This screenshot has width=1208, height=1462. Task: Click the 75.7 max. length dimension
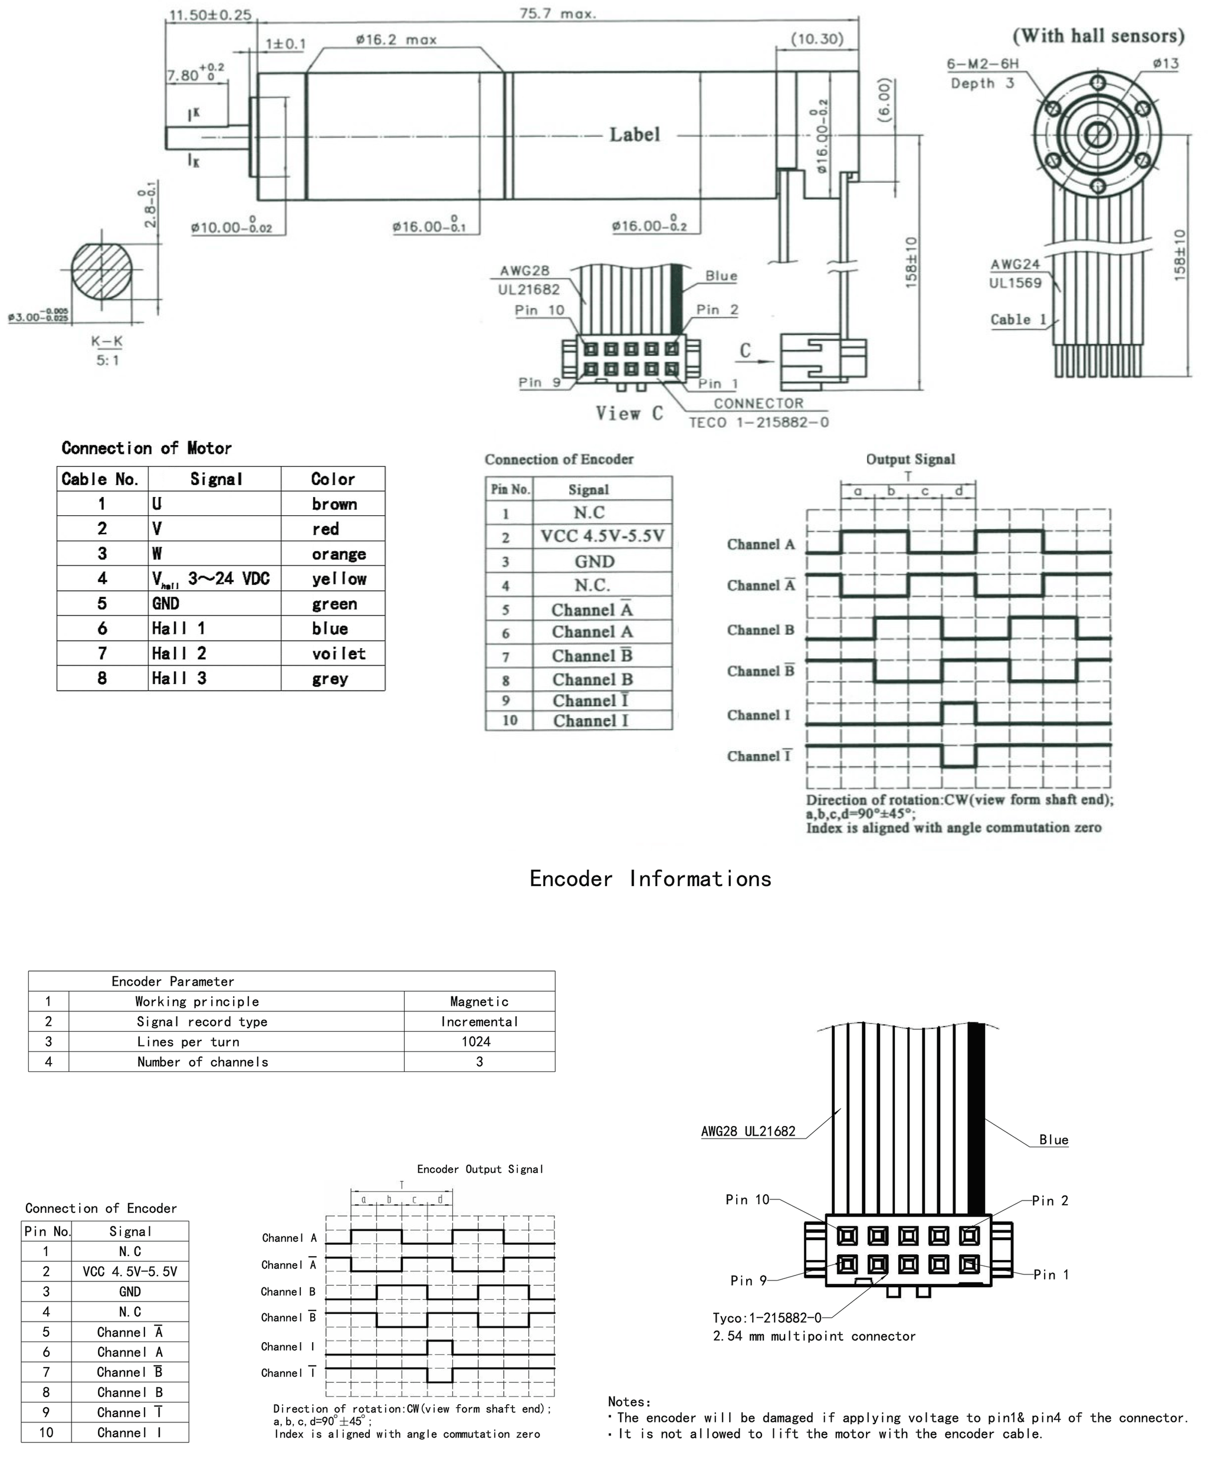tap(557, 13)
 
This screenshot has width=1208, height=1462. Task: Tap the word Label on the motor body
tap(634, 135)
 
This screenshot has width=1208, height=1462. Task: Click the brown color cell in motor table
tap(334, 504)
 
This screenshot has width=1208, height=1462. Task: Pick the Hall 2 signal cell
tap(179, 653)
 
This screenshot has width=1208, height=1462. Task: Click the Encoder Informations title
tap(650, 879)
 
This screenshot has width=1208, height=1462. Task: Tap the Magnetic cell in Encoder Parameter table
tap(479, 1001)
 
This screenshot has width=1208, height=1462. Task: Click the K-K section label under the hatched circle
tap(107, 341)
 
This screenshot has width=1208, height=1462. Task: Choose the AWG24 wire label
tap(1015, 264)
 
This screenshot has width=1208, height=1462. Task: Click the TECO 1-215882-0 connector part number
tap(759, 423)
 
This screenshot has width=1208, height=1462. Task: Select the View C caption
tap(629, 414)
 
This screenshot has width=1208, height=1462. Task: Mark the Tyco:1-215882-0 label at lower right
tap(766, 1318)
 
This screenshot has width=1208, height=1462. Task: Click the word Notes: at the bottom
tap(629, 1401)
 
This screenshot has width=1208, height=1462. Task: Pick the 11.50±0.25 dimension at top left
tap(210, 15)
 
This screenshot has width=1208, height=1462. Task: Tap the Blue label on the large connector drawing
tap(1053, 1140)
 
